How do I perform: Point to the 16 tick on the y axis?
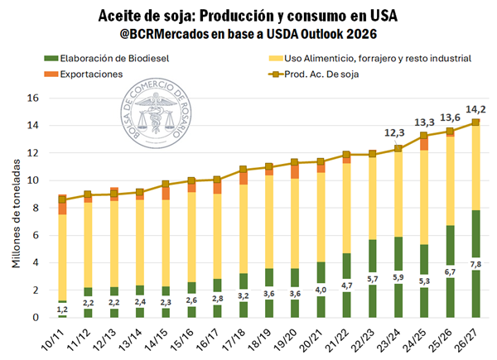click(x=34, y=98)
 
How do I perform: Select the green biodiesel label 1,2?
click(x=62, y=309)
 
